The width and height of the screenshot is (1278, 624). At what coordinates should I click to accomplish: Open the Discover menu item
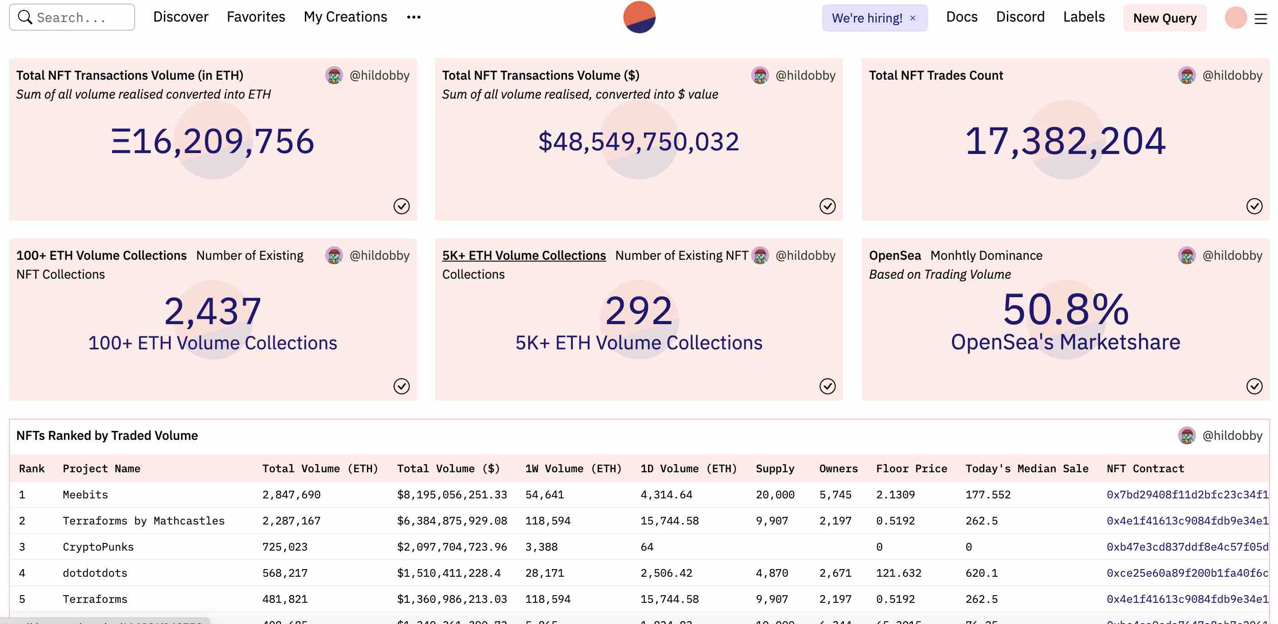(181, 17)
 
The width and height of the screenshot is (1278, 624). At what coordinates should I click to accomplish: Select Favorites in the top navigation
(255, 17)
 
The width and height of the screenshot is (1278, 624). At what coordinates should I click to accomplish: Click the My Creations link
(345, 17)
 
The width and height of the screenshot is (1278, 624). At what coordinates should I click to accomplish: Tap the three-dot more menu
(413, 18)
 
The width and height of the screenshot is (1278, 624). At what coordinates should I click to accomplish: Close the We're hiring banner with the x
(912, 18)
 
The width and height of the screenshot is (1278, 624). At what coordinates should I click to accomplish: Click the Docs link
(961, 17)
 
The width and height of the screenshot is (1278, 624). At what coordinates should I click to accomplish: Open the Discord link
(1020, 17)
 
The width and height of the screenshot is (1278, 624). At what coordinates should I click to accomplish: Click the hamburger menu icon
(1260, 19)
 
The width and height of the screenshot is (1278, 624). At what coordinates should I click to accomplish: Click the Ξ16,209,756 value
(213, 141)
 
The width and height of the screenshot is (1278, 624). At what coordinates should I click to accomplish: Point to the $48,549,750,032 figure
(639, 142)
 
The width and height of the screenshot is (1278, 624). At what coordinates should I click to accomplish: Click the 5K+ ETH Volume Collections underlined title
(524, 255)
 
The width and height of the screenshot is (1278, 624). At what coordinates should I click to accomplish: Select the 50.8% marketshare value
(1065, 309)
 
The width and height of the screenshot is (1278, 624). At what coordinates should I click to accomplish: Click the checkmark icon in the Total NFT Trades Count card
(1254, 206)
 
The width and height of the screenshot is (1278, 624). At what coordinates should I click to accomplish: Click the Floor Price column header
(911, 469)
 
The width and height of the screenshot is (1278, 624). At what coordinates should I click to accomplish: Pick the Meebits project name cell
(85, 494)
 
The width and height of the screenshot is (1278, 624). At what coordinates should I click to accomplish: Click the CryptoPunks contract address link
(1187, 547)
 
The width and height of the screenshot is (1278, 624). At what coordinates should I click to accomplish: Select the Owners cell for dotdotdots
(835, 573)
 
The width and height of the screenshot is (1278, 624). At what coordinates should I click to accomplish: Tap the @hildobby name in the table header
(1232, 435)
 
